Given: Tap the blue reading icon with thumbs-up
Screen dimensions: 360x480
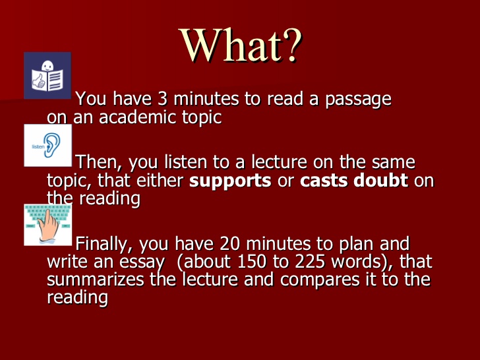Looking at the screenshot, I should pyautogui.click(x=47, y=75).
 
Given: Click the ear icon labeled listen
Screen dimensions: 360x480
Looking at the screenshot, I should pyautogui.click(x=47, y=145).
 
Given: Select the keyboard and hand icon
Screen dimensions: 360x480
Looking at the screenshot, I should pyautogui.click(x=47, y=225).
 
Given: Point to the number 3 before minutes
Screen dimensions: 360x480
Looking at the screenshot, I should pyautogui.click(x=163, y=99).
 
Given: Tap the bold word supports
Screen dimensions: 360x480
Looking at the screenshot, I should pyautogui.click(x=230, y=181).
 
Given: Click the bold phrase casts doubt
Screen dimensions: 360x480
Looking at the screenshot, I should pyautogui.click(x=354, y=181).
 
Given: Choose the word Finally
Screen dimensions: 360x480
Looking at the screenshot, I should pyautogui.click(x=103, y=244).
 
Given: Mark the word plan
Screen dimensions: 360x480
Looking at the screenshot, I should pyautogui.click(x=360, y=244).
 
